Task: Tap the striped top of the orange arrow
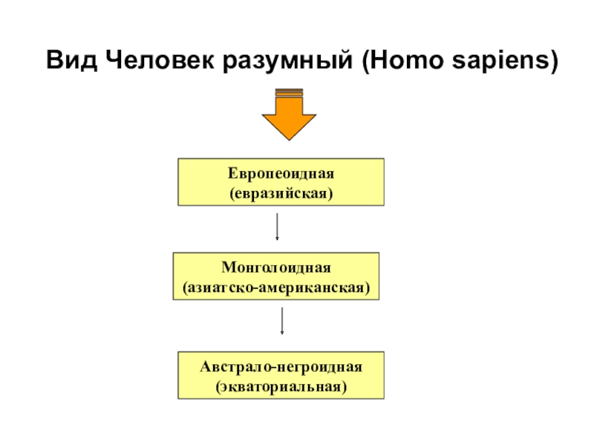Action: pyautogui.click(x=290, y=92)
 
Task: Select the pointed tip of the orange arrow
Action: pyautogui.click(x=290, y=138)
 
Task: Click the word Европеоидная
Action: pyautogui.click(x=281, y=174)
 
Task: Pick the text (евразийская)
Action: pyautogui.click(x=281, y=192)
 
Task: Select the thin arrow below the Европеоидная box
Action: pyautogui.click(x=277, y=227)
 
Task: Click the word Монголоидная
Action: pyautogui.click(x=276, y=268)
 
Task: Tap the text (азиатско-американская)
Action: pyautogui.click(x=276, y=285)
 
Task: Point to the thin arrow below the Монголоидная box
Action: pyautogui.click(x=282, y=321)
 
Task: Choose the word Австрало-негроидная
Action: pyautogui.click(x=281, y=367)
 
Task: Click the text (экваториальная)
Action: pyautogui.click(x=281, y=386)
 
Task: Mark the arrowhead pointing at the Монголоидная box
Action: pyautogui.click(x=277, y=239)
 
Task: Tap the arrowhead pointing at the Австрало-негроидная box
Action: pyautogui.click(x=282, y=332)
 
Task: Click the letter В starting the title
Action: pyautogui.click(x=53, y=59)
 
